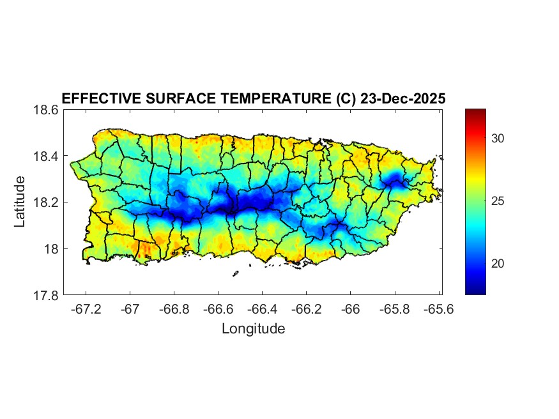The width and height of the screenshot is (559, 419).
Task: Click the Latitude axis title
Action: pos(20,202)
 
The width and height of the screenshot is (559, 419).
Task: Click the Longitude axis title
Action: pos(253,329)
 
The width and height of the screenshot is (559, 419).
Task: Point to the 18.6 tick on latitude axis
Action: pos(47,110)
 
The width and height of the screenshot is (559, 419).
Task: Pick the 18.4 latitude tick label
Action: pos(47,156)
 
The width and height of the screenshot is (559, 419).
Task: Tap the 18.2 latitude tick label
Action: pos(47,202)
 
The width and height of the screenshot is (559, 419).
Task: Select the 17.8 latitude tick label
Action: pos(47,295)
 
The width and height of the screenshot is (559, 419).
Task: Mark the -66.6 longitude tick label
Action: pos(218,309)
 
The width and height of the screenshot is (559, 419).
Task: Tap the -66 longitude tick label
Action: pos(350,309)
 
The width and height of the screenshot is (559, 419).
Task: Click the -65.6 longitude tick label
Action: pos(438,309)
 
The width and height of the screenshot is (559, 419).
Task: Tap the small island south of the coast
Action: pos(235,274)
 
